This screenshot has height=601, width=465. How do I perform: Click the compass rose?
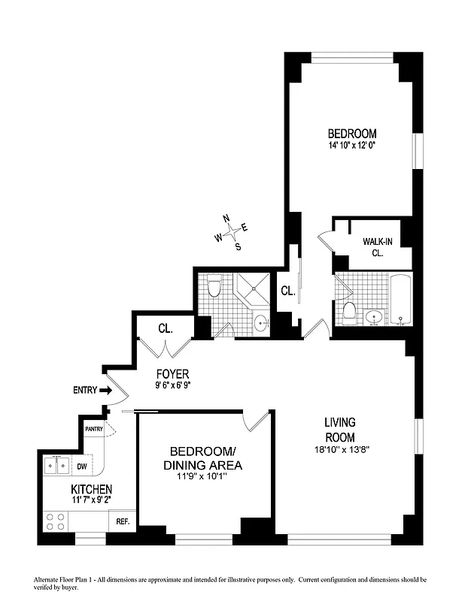(231, 232)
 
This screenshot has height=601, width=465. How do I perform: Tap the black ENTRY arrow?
(105, 390)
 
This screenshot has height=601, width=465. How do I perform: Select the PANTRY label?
(94, 429)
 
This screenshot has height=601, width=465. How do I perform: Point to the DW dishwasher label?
(83, 466)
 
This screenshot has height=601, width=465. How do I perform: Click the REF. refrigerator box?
(121, 520)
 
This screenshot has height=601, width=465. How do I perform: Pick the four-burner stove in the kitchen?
(54, 519)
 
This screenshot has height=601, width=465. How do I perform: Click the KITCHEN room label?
(87, 489)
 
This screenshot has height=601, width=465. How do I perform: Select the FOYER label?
(172, 373)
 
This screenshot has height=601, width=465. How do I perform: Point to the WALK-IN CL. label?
(377, 247)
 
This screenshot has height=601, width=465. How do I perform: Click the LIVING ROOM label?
(340, 430)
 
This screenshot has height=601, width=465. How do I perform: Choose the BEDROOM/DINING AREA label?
(202, 458)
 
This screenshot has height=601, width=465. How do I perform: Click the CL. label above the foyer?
(166, 328)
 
